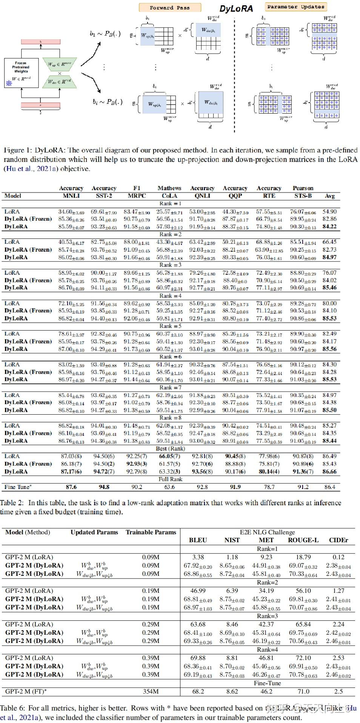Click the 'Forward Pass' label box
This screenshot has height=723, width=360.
pyautogui.click(x=170, y=8)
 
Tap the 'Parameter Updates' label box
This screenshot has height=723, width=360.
pyautogui.click(x=295, y=7)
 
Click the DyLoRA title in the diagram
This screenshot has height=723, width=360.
pyautogui.click(x=236, y=9)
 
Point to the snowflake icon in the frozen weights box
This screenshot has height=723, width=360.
pyautogui.click(x=9, y=83)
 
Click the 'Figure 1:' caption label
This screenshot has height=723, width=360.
pyautogui.click(x=18, y=150)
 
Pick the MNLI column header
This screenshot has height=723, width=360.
pyautogui.click(x=71, y=196)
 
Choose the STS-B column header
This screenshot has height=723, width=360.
pyautogui.click(x=303, y=196)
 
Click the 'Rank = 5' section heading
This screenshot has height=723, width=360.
pyautogui.click(x=170, y=326)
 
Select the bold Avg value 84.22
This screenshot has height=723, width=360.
pyautogui.click(x=329, y=226)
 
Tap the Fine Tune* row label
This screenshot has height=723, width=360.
pyautogui.click(x=18, y=487)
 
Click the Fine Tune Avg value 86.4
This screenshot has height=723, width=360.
pyautogui.click(x=329, y=487)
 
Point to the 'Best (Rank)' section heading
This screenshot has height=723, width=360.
pyautogui.click(x=171, y=449)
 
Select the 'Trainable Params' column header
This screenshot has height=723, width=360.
pyautogui.click(x=151, y=532)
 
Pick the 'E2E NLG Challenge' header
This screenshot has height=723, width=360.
pyautogui.click(x=267, y=532)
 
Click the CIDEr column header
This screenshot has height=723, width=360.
pyautogui.click(x=338, y=540)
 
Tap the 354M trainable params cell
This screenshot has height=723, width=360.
pyautogui.click(x=151, y=691)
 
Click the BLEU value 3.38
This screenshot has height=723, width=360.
pyautogui.click(x=198, y=557)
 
